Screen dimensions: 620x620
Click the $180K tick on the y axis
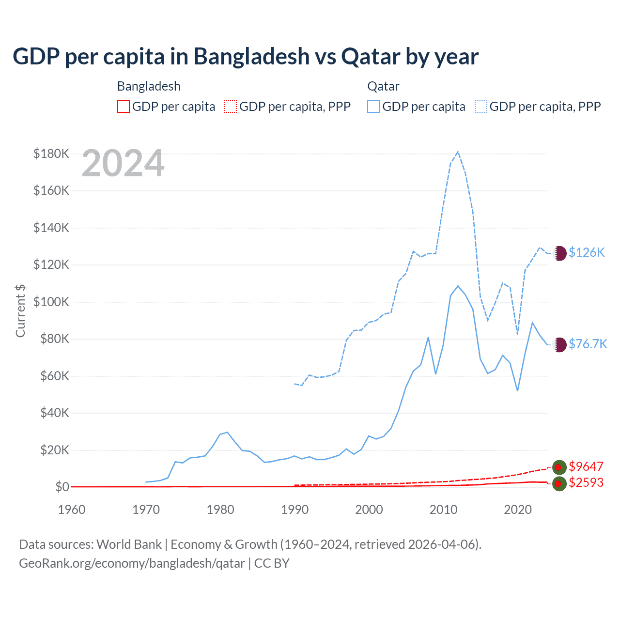(x=51, y=154)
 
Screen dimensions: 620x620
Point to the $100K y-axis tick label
(x=51, y=302)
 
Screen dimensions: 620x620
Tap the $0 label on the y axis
(x=62, y=487)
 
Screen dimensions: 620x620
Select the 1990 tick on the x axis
(x=294, y=510)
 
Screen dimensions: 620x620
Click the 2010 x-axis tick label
(x=443, y=510)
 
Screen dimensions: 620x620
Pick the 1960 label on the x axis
(x=72, y=510)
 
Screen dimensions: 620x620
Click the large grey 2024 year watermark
(x=123, y=164)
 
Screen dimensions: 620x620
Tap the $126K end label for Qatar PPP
(x=587, y=252)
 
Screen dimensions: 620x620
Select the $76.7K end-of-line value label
(x=588, y=344)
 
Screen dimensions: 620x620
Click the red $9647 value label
(x=586, y=466)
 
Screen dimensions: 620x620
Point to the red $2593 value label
(x=586, y=482)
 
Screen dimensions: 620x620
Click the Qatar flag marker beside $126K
(x=559, y=253)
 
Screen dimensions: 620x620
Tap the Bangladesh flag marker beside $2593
(x=559, y=483)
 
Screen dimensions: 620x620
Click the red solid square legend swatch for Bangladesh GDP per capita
(x=124, y=107)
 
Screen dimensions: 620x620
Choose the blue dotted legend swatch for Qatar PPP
(x=481, y=107)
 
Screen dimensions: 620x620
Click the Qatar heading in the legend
(x=383, y=86)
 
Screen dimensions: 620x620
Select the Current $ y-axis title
(x=20, y=310)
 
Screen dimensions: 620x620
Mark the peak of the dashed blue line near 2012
(x=458, y=152)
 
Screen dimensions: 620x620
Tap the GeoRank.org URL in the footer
(x=132, y=563)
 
